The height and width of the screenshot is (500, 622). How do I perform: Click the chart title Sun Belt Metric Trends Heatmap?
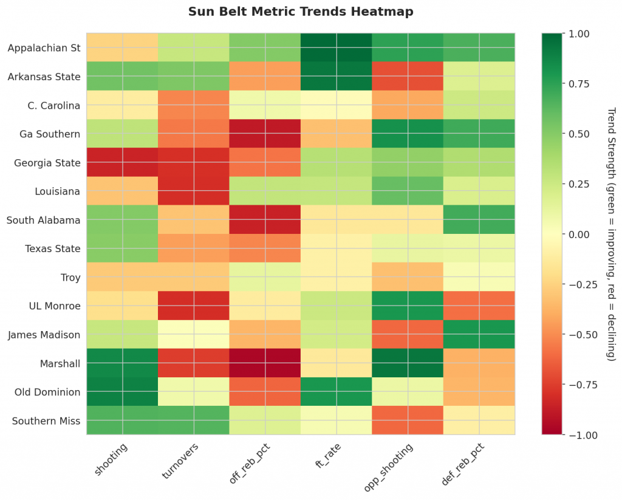pyautogui.click(x=301, y=12)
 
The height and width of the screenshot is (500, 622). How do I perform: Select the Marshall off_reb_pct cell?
pyautogui.click(x=265, y=363)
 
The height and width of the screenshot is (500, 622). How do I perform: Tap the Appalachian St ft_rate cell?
pyautogui.click(x=337, y=47)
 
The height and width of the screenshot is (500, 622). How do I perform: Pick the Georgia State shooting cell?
pyautogui.click(x=122, y=162)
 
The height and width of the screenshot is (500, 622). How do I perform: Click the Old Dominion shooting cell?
pyautogui.click(x=122, y=392)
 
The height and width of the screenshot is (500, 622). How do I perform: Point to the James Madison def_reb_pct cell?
pyautogui.click(x=479, y=335)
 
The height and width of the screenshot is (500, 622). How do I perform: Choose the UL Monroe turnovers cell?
pyautogui.click(x=193, y=306)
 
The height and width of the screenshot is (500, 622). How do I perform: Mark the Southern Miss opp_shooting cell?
pyautogui.click(x=408, y=420)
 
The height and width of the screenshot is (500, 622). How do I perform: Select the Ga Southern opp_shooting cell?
pyautogui.click(x=408, y=134)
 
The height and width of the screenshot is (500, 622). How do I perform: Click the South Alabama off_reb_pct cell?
pyautogui.click(x=265, y=220)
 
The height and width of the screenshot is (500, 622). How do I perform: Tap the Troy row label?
pyautogui.click(x=70, y=277)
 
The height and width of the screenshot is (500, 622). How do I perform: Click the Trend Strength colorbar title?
pyautogui.click(x=611, y=234)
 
